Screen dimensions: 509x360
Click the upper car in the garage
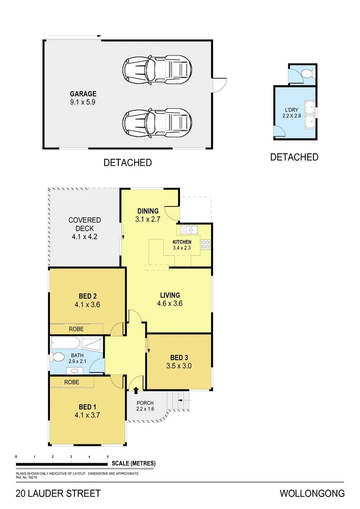click(157, 69)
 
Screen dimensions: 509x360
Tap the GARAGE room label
click(83, 94)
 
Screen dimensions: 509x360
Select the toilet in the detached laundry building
click(307, 74)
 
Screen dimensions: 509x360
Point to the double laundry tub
click(310, 115)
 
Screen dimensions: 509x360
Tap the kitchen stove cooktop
click(205, 244)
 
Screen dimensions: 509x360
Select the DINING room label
click(147, 211)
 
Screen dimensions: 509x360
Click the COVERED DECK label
click(84, 224)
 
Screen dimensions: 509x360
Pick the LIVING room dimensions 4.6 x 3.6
click(170, 304)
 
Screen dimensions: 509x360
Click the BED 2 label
click(88, 296)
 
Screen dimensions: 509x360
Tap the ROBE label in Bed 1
click(72, 382)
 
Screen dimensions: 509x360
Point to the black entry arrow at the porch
click(136, 390)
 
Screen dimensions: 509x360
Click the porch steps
click(181, 401)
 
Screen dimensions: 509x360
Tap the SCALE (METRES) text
click(134, 463)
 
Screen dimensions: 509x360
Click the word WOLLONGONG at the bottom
click(312, 494)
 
